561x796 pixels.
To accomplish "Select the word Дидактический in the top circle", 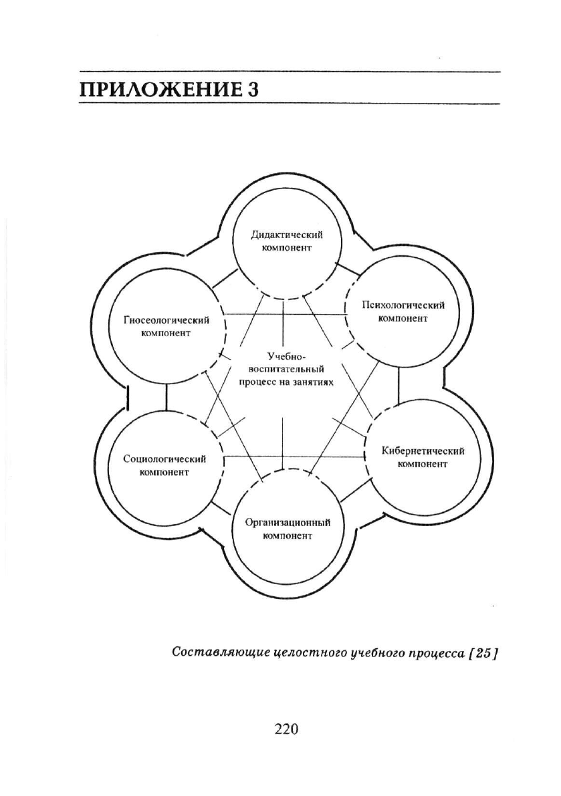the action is coord(287,235).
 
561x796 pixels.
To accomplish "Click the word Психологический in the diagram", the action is coord(403,305).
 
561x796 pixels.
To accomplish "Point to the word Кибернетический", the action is coord(423,450).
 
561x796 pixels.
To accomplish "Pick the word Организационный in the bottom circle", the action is coord(288,523).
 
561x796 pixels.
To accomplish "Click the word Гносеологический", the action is coord(166,320).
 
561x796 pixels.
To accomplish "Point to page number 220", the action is coord(286,729).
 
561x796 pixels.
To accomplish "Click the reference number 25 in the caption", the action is coord(483,653).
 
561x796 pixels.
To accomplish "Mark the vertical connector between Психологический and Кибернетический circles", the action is coord(399,385).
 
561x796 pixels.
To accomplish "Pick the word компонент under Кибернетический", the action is coord(423,464).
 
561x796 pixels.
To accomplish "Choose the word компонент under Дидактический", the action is coord(287,248).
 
